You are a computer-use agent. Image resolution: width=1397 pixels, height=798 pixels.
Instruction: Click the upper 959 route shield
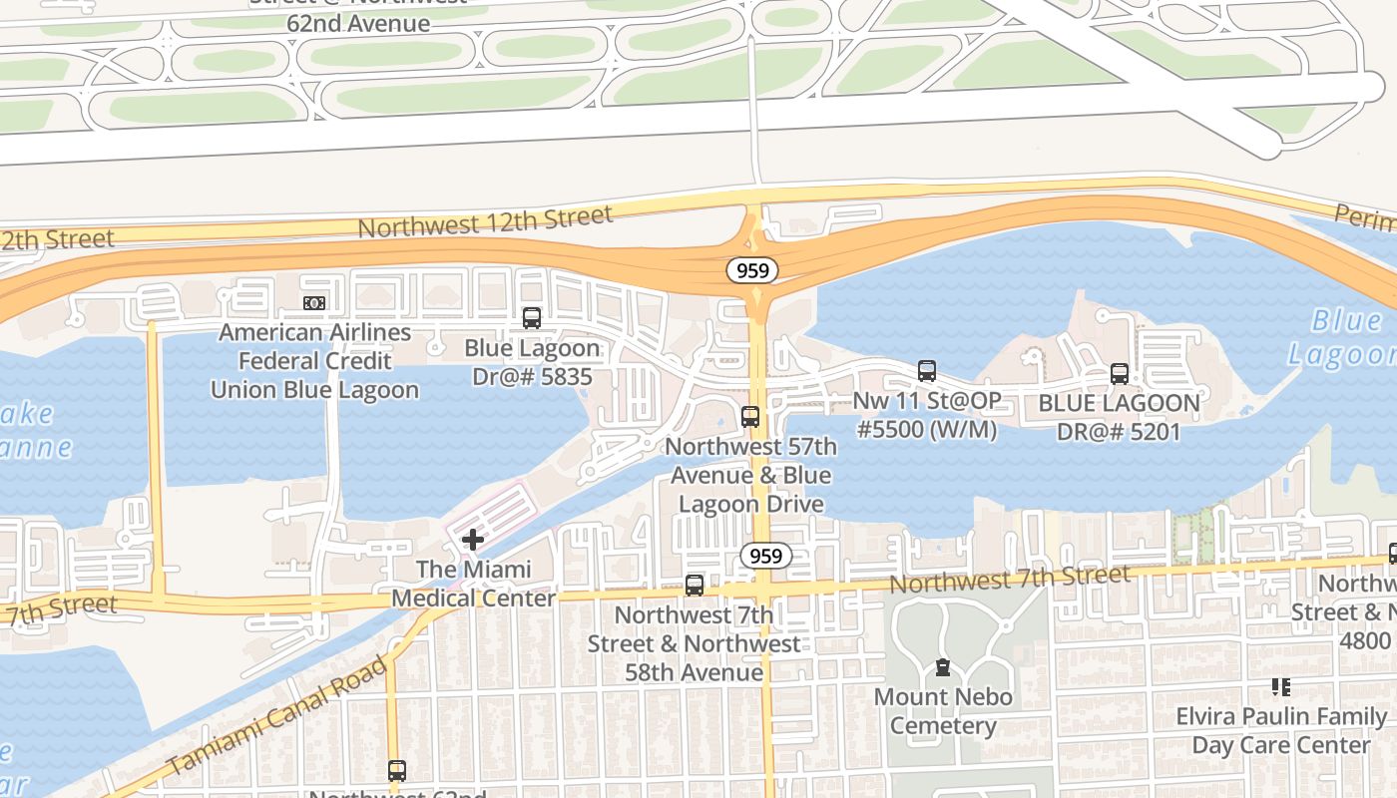click(751, 269)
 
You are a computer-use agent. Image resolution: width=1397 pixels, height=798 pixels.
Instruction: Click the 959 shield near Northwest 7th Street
click(765, 555)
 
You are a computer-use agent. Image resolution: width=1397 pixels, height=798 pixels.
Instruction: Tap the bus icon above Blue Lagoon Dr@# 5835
click(532, 318)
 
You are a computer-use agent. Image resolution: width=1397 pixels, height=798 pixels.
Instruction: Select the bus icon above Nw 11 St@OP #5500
click(927, 371)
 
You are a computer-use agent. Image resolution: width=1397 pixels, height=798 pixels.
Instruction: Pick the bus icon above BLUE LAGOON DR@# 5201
click(1120, 374)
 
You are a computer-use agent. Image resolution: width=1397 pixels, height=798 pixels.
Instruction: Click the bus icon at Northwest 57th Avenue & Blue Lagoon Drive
click(750, 417)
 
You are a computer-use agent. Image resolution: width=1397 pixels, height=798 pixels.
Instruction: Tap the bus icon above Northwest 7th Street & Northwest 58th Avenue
click(695, 586)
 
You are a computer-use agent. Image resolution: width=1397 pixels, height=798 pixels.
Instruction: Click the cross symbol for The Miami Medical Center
click(473, 540)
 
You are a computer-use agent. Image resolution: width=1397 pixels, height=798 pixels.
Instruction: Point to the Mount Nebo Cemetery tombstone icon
click(942, 667)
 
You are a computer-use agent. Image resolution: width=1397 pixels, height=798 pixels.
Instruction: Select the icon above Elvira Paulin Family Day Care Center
click(1281, 686)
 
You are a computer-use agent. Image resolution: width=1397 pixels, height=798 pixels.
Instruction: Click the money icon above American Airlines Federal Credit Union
click(314, 302)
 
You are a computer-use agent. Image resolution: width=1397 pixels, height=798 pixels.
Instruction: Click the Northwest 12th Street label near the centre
click(485, 221)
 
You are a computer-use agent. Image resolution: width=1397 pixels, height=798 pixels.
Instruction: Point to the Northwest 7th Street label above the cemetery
click(1010, 578)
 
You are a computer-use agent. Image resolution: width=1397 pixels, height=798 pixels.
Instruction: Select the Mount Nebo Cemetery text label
click(943, 710)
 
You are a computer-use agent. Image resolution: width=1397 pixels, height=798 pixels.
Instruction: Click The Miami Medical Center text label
click(473, 584)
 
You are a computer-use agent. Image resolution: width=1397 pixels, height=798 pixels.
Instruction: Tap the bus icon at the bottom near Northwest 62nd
click(397, 770)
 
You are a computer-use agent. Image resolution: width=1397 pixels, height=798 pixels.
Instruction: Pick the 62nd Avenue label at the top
click(358, 22)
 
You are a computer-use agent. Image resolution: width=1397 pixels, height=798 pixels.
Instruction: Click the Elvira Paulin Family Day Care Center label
click(1281, 730)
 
